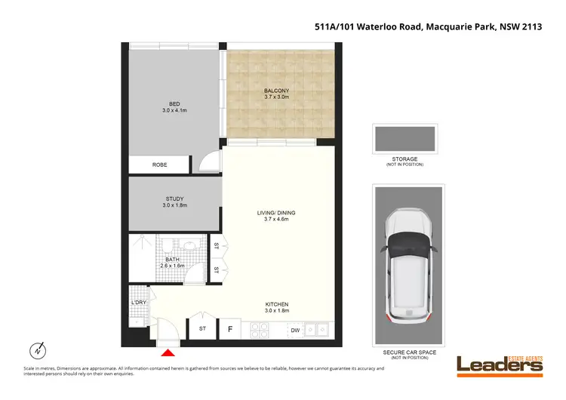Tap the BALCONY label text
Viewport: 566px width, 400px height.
(x=276, y=91)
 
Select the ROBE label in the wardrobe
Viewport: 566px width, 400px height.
(x=159, y=165)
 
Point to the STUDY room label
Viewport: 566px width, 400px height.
(x=175, y=199)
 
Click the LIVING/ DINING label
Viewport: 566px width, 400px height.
(x=275, y=214)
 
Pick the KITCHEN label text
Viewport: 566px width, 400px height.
(x=276, y=304)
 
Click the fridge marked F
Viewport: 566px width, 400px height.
(x=229, y=328)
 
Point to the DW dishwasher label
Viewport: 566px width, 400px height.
(x=294, y=329)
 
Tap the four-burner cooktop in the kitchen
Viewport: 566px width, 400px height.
(x=260, y=329)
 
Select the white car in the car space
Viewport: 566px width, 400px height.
(x=408, y=265)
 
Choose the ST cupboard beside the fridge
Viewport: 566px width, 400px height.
(x=202, y=328)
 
